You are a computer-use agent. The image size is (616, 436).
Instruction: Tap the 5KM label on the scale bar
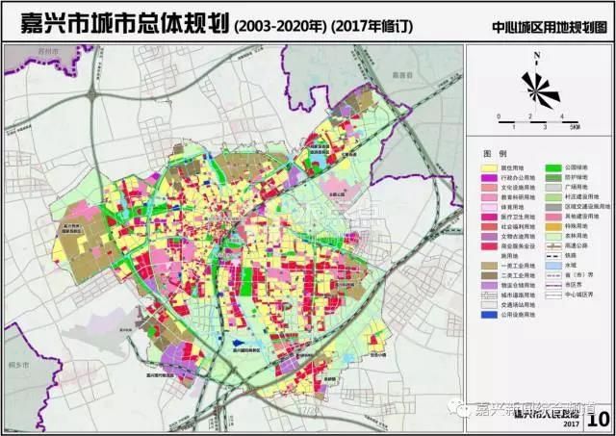574,126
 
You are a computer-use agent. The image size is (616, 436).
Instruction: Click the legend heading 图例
494,153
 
